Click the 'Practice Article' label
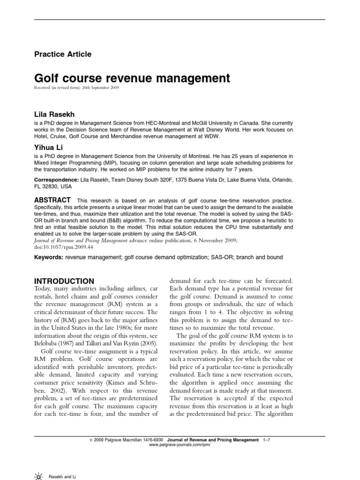tap(63, 54)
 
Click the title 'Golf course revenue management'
tap(132, 78)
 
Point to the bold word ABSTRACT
tap(52, 200)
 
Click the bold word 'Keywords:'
tap(49, 257)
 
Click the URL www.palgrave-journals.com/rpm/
tap(180, 445)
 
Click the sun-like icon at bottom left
tap(38, 476)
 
